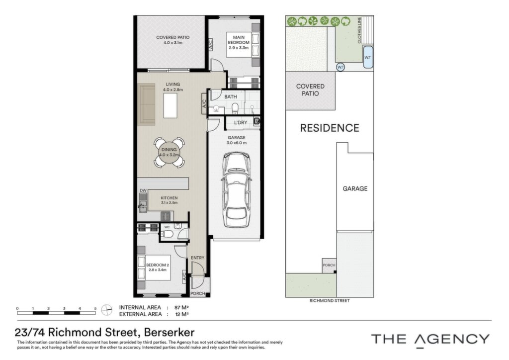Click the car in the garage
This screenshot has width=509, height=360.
[x=236, y=190]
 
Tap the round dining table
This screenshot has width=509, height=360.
[x=169, y=152]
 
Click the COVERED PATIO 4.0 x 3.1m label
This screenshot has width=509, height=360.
[x=172, y=40]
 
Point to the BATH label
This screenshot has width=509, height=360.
[x=231, y=97]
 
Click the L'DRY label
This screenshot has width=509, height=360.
[x=241, y=123]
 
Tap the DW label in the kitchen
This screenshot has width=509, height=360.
[x=143, y=190]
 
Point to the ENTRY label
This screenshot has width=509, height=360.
[x=197, y=258]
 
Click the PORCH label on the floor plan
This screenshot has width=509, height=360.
[x=198, y=293]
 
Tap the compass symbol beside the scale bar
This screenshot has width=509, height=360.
[x=106, y=310]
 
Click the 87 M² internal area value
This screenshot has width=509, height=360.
[x=182, y=307]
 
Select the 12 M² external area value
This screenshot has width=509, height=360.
[x=182, y=314]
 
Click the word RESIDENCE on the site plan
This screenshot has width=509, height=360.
[x=330, y=128]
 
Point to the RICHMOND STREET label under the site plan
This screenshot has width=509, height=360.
[x=330, y=301]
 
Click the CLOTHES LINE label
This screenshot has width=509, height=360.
[x=359, y=30]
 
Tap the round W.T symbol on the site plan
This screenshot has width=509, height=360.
[x=340, y=67]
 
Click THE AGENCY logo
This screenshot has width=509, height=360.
[x=430, y=340]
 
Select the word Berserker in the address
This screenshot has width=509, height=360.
[x=169, y=333]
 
